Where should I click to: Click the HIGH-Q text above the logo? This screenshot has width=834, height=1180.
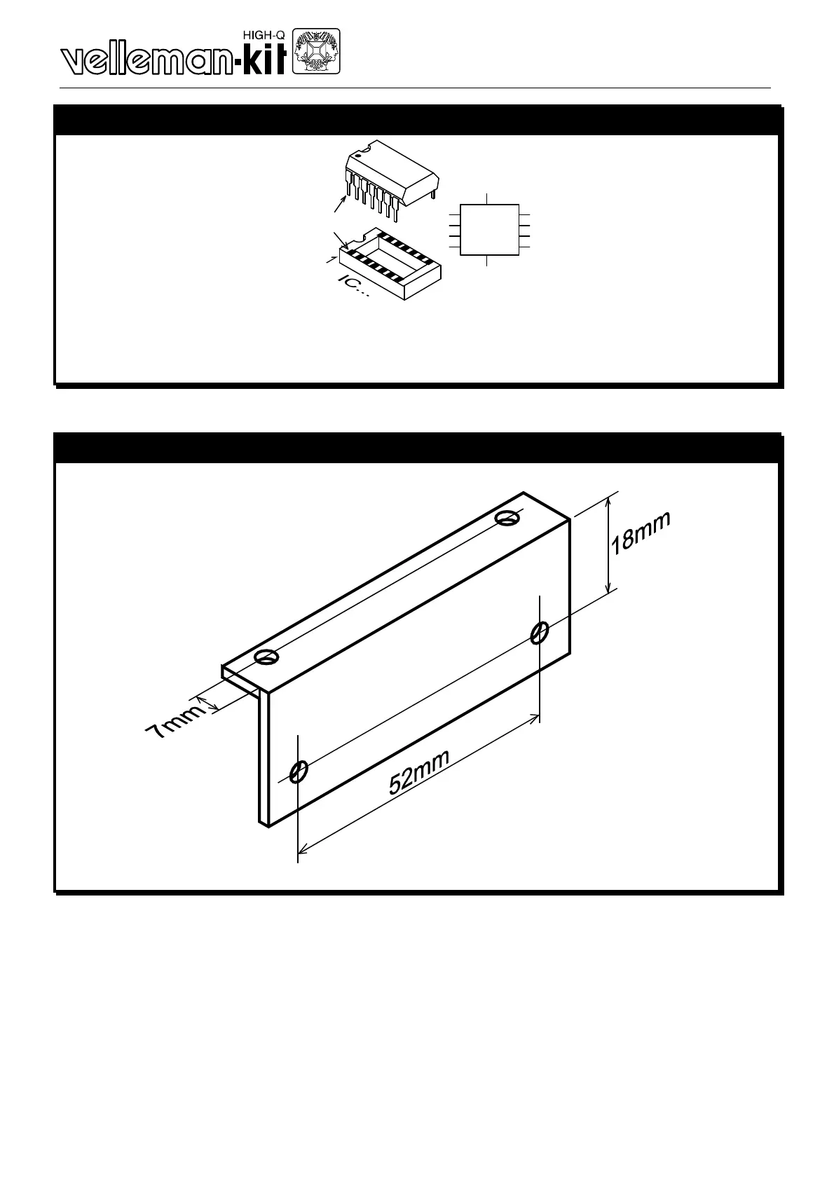click(263, 34)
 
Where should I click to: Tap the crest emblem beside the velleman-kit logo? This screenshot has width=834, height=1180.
click(315, 51)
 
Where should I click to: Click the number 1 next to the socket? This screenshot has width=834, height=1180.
click(330, 261)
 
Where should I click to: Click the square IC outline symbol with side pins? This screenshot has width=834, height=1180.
click(489, 230)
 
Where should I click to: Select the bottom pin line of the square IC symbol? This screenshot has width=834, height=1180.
click(486, 261)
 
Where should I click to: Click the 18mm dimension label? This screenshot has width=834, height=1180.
click(641, 533)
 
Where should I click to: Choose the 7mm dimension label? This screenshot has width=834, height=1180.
click(174, 722)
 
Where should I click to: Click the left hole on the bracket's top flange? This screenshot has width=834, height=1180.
click(266, 657)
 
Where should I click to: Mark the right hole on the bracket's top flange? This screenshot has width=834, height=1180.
click(506, 518)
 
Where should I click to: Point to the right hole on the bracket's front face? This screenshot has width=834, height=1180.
click(538, 633)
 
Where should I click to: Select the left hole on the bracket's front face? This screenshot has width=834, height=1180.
click(298, 771)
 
